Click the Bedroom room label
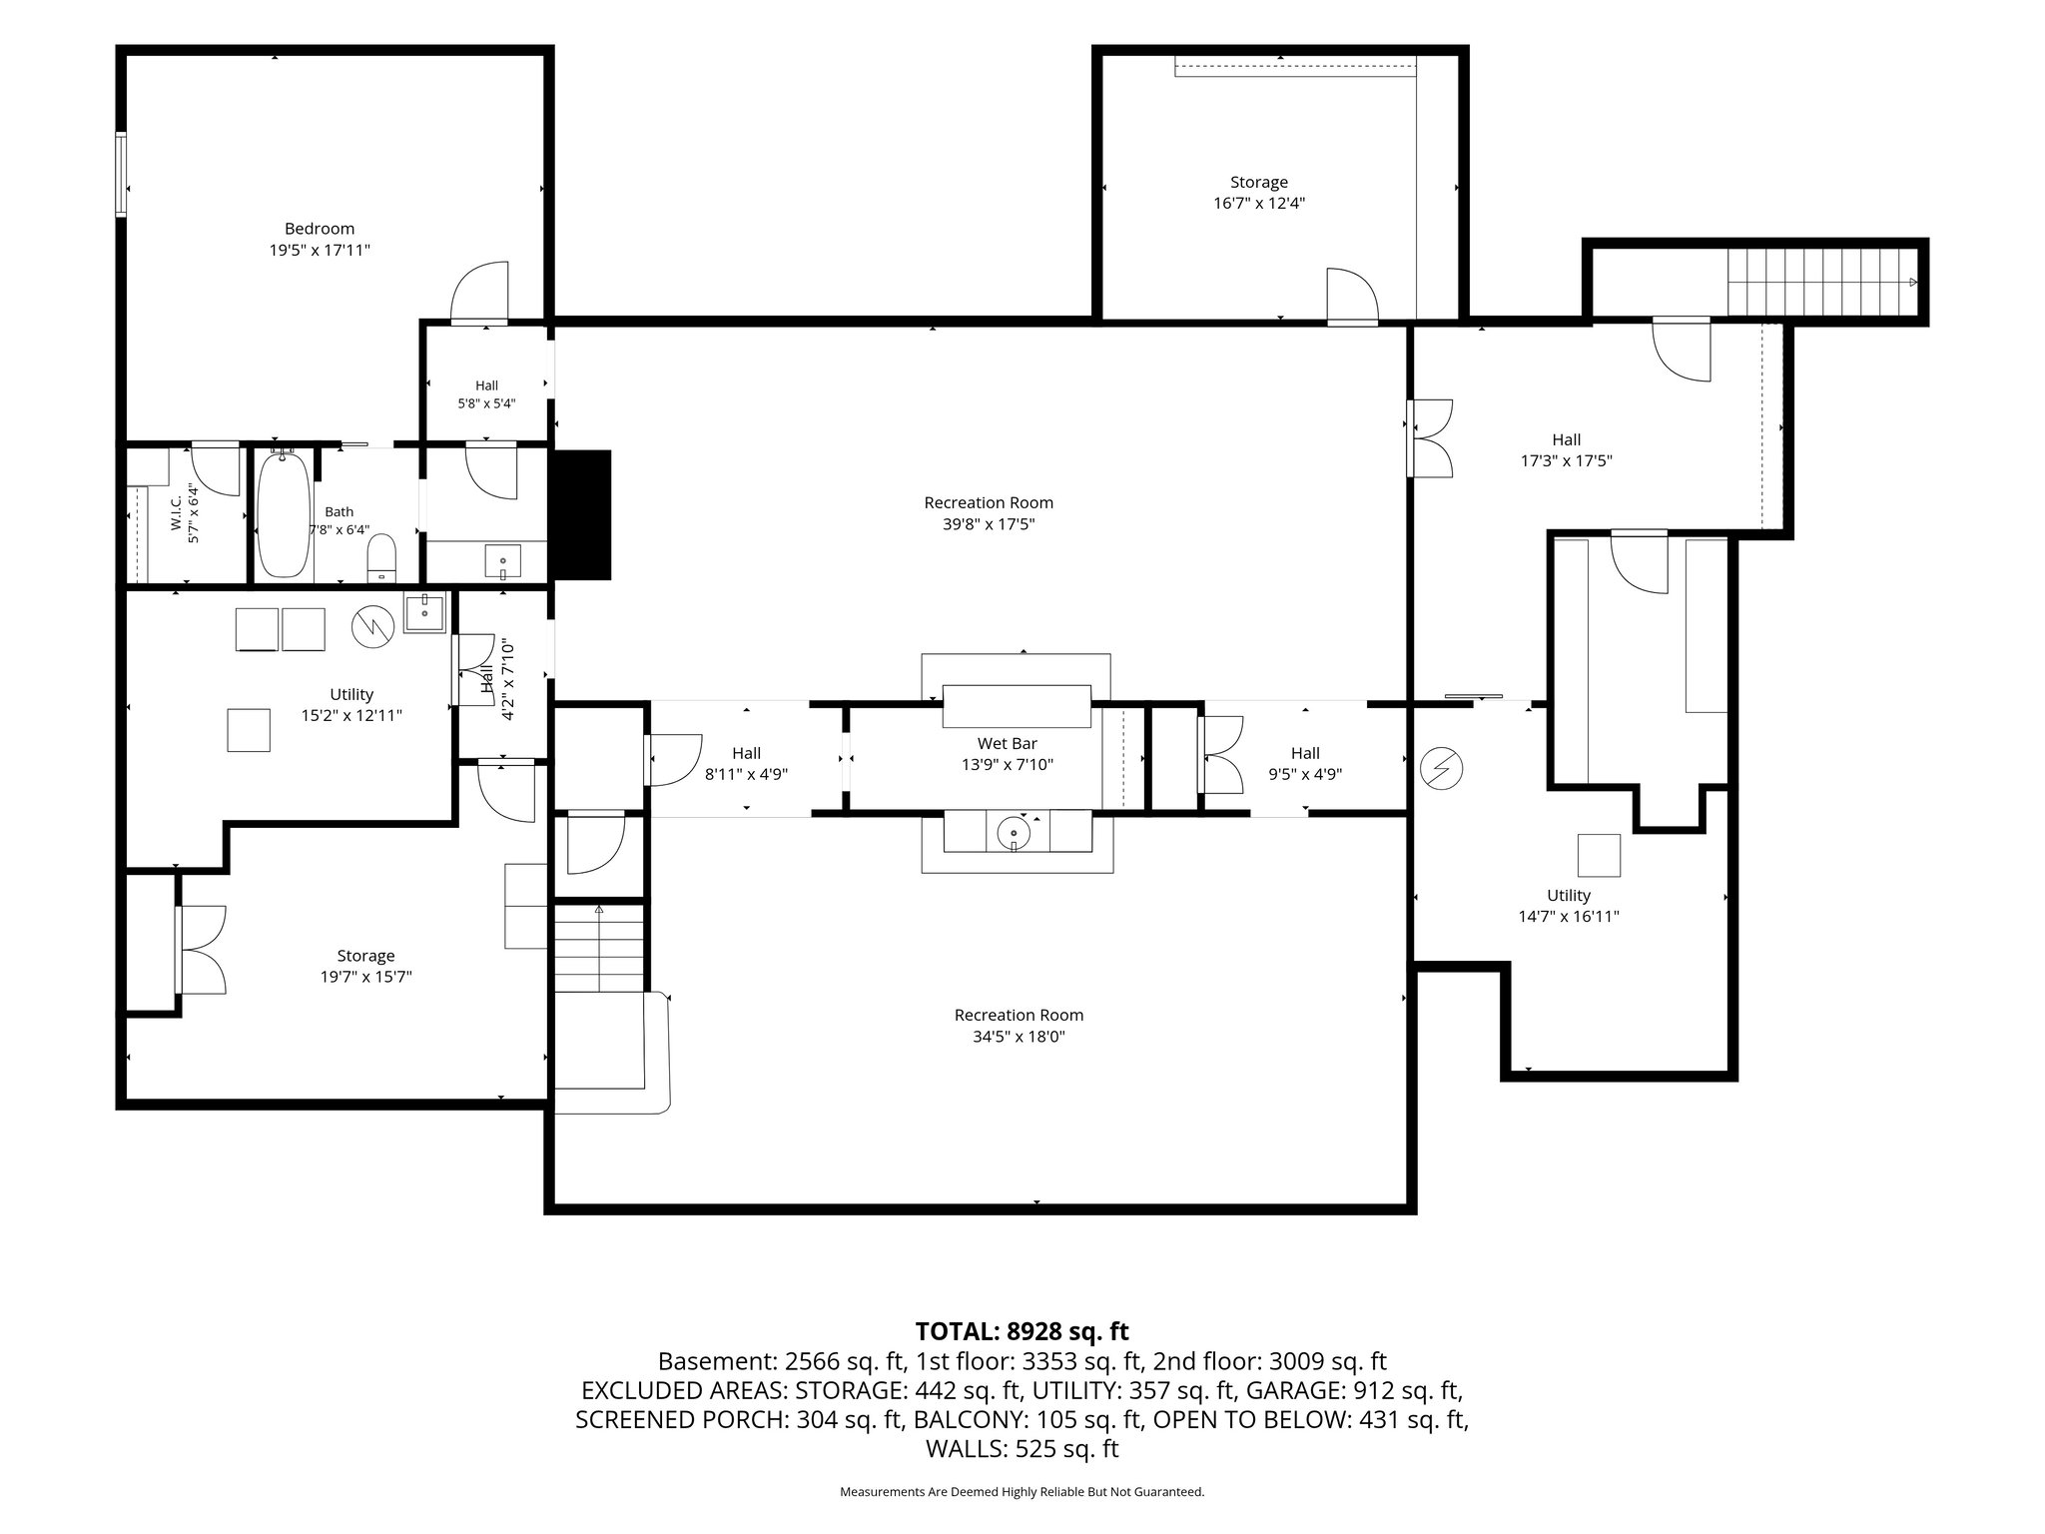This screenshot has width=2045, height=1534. coord(319,229)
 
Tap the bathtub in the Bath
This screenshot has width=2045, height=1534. coord(284,513)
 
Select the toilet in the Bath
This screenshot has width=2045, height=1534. coord(382,558)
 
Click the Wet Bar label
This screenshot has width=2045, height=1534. coord(1007,743)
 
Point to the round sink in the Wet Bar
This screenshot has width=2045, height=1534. coord(1015,830)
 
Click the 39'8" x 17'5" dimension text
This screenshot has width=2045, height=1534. coord(989,524)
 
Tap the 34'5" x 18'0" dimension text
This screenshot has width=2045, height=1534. coord(1019,1037)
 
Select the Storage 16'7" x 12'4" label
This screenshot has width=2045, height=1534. coord(1259,193)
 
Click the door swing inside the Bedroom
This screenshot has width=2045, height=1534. coord(479,292)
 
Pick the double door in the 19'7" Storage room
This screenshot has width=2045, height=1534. coord(201,949)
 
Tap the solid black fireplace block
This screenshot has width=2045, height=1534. coord(580,514)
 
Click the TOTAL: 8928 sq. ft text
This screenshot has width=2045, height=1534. coord(1022,1331)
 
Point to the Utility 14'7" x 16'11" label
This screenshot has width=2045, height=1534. coord(1569,906)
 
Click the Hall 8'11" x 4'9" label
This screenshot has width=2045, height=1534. coord(746,763)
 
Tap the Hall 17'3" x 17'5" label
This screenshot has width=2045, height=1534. coord(1566,450)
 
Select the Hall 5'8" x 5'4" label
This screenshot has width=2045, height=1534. coord(486,394)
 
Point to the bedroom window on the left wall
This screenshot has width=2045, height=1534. coord(121,174)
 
